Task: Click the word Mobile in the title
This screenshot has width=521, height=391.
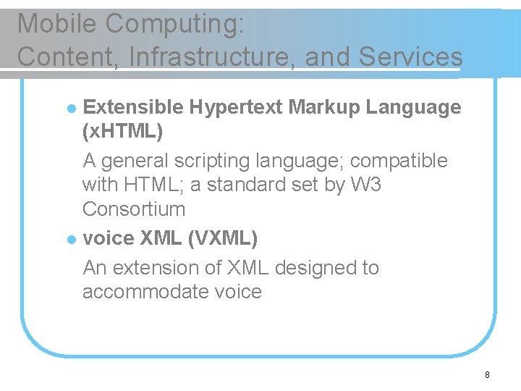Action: click(57, 24)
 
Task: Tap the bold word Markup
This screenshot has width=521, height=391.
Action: click(324, 108)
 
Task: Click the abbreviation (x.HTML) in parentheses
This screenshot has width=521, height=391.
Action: click(123, 132)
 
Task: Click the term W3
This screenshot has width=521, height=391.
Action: click(365, 185)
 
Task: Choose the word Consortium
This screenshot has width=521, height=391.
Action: click(134, 209)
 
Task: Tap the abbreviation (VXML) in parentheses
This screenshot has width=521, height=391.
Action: click(222, 237)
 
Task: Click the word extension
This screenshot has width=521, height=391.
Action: click(156, 267)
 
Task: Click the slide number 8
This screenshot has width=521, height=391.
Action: click(487, 375)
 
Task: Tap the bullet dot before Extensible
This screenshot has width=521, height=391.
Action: click(70, 109)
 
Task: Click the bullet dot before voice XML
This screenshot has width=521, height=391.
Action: click(70, 238)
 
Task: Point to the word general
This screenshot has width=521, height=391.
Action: click(134, 161)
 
